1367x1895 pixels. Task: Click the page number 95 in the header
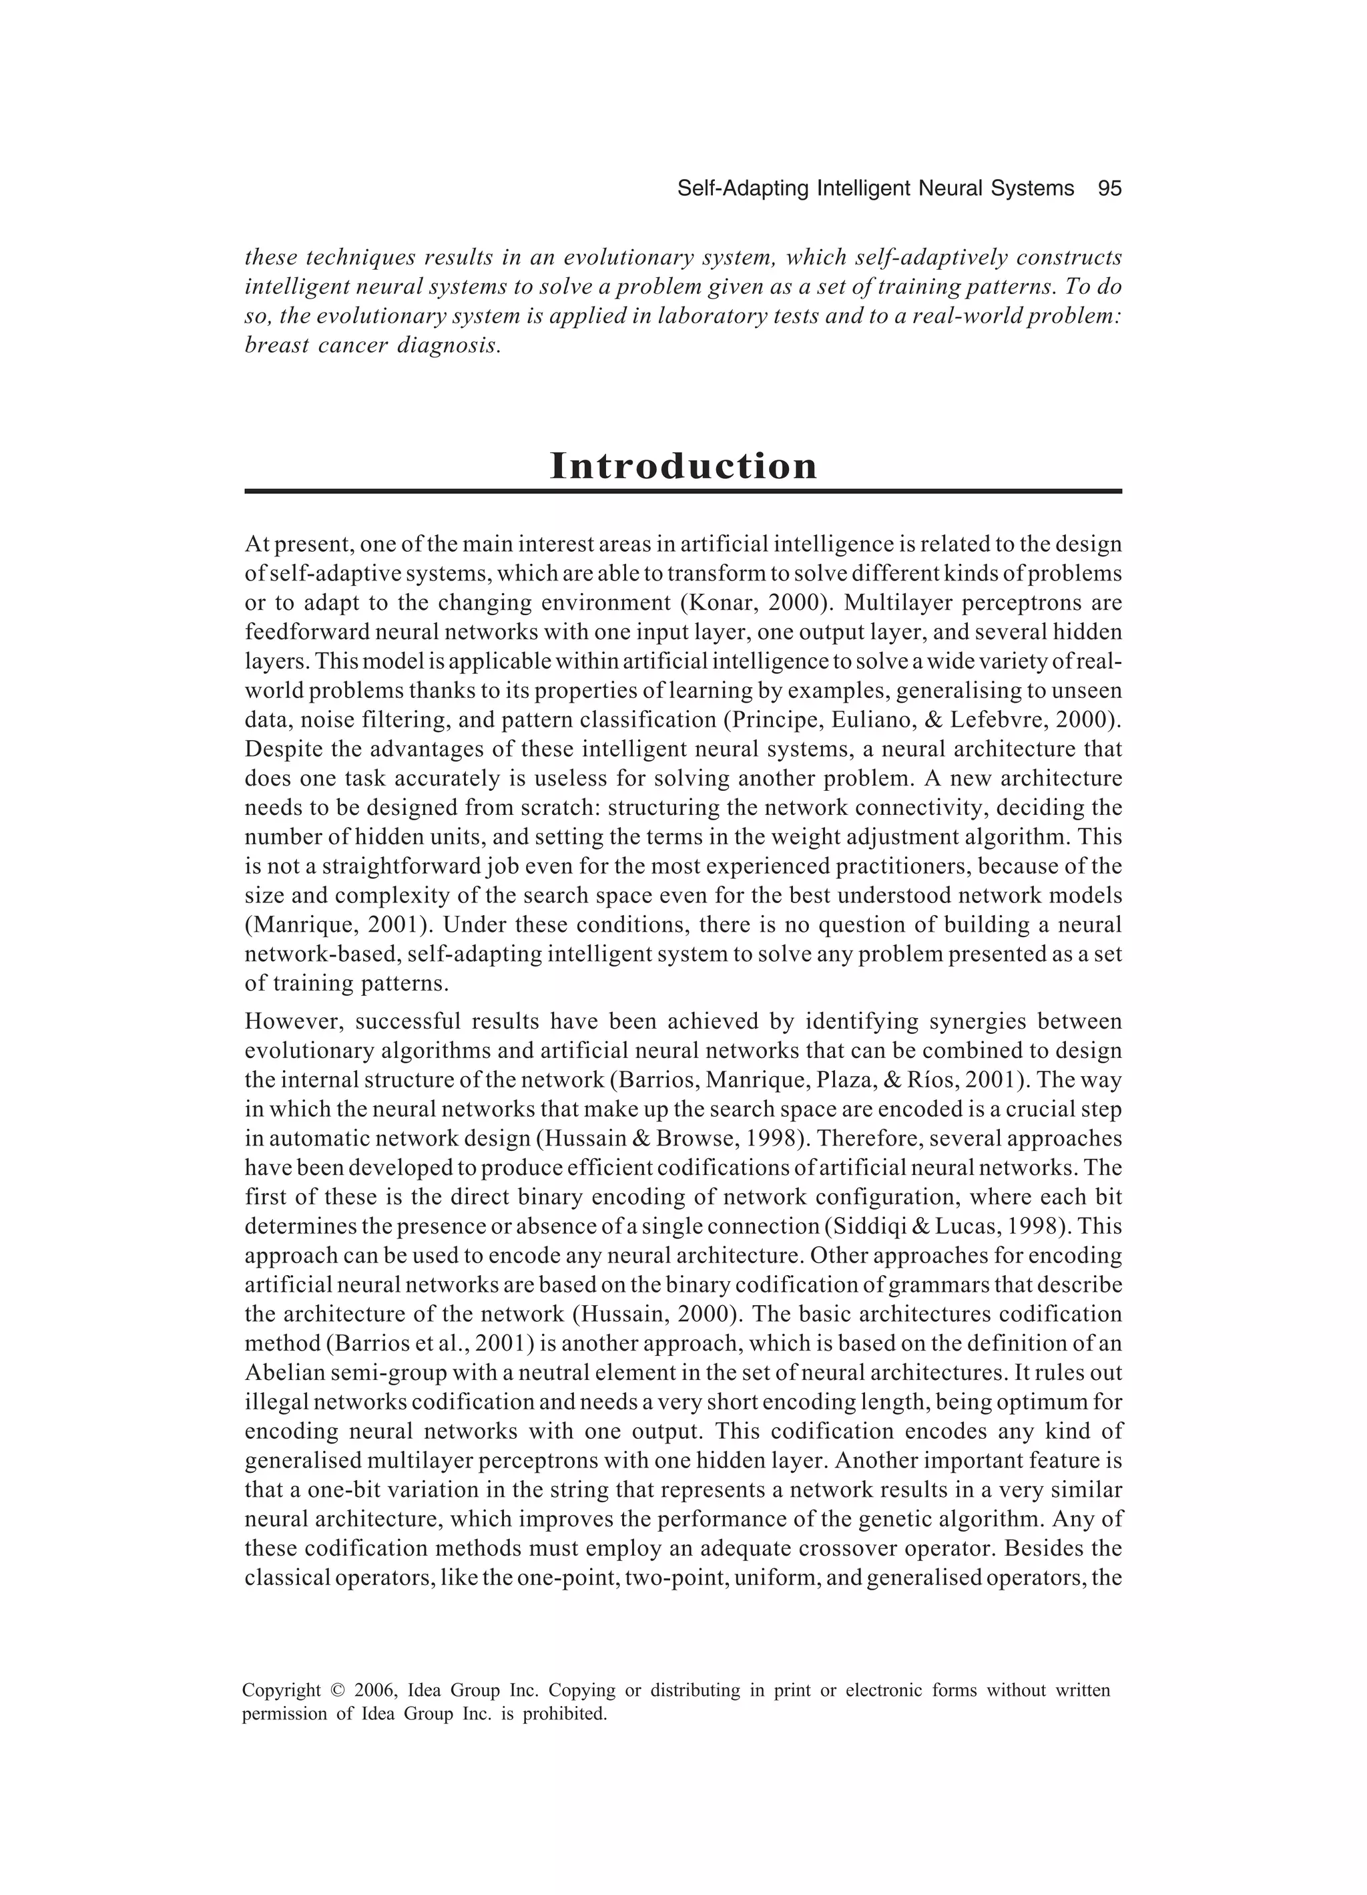coord(1109,189)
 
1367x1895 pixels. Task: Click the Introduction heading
coord(683,466)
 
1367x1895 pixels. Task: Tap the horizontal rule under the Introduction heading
coord(683,492)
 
